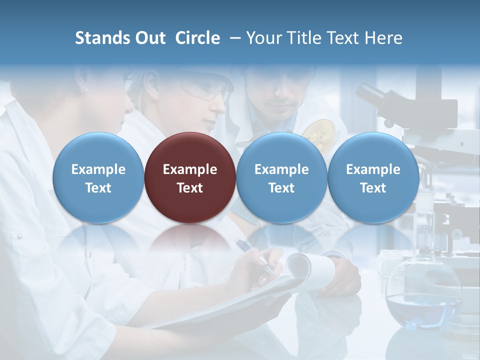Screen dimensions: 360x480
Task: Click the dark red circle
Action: point(190,178)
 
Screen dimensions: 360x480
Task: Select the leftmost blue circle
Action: point(98,178)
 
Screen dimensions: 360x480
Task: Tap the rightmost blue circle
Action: point(373,178)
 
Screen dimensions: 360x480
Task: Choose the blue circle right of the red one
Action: point(281,178)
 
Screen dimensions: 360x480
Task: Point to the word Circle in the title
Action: point(197,38)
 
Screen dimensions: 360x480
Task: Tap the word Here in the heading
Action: point(383,38)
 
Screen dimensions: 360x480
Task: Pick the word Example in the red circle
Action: point(190,169)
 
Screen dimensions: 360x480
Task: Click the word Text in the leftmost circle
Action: point(98,188)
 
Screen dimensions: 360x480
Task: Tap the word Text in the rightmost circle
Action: point(373,188)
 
